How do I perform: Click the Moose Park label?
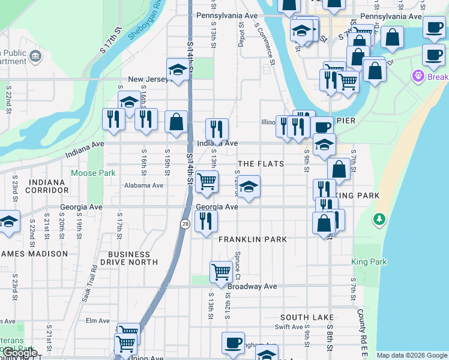click(x=92, y=173)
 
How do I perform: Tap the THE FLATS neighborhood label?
click(x=261, y=164)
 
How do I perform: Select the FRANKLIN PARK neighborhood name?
click(x=253, y=239)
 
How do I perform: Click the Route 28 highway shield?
click(x=186, y=223)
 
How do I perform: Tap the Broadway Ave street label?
click(x=252, y=286)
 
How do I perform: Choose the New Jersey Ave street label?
click(x=150, y=79)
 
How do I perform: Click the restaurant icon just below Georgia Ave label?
click(x=206, y=221)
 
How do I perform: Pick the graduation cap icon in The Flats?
click(x=248, y=187)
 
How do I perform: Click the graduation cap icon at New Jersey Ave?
click(x=178, y=70)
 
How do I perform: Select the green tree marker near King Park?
click(x=379, y=219)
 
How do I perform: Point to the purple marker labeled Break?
click(x=418, y=76)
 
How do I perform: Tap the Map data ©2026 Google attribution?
click(x=411, y=355)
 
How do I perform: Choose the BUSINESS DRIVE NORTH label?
click(x=128, y=258)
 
